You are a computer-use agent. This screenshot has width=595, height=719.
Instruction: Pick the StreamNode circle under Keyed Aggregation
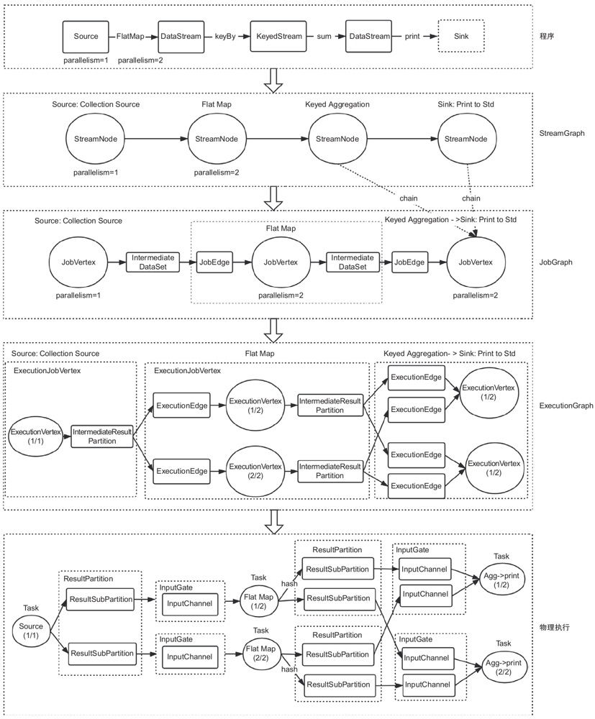(x=338, y=139)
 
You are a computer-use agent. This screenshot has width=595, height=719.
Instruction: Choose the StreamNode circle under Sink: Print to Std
(x=468, y=139)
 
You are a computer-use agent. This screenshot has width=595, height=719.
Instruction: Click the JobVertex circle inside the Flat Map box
(x=278, y=262)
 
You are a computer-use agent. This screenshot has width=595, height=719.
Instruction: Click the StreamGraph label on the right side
(x=562, y=134)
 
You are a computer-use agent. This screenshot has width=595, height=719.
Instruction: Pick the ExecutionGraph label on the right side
(x=566, y=406)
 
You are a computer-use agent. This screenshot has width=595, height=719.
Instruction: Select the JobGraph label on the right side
(x=556, y=262)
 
